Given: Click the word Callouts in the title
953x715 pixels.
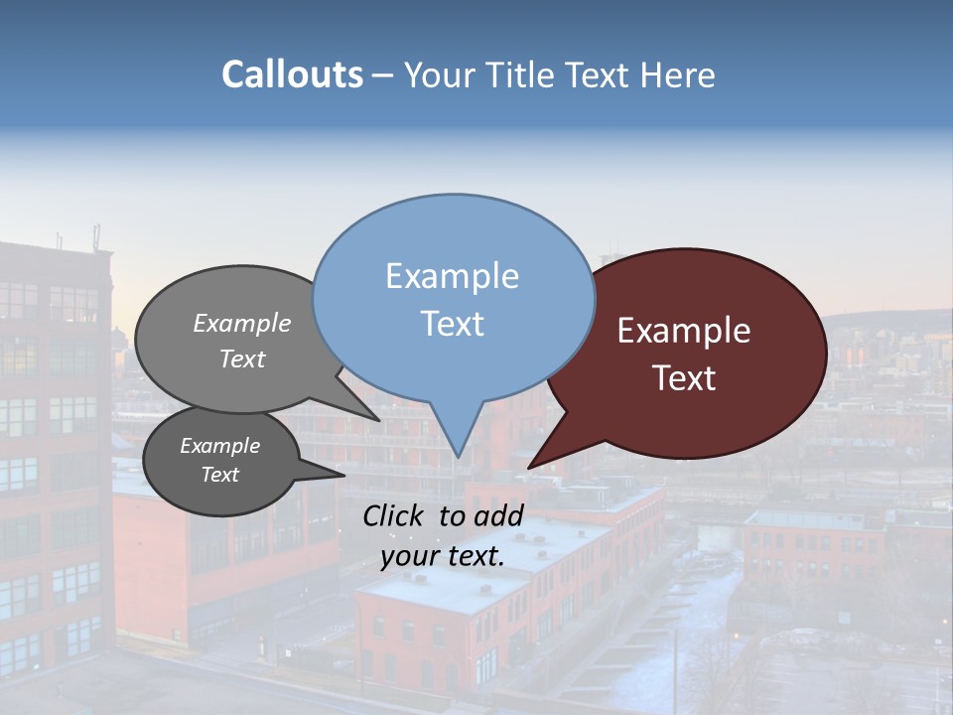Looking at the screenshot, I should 292,74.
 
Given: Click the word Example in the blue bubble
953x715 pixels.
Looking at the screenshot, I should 452,276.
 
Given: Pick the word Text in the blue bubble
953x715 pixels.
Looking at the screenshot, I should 452,323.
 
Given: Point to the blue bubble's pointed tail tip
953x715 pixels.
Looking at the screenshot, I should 458,456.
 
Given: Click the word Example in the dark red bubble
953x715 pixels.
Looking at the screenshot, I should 684,331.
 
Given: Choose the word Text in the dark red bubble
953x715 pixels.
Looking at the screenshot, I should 684,377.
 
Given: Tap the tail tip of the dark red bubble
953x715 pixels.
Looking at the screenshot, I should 529,467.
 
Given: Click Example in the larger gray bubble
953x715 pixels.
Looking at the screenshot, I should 242,323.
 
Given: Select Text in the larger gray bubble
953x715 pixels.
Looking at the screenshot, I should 242,358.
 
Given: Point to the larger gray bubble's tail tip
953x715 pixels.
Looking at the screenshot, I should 378,420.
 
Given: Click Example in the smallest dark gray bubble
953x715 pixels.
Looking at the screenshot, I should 219,446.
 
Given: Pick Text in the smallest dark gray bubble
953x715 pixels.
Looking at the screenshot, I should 219,475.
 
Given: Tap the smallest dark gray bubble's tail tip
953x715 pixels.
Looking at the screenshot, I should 343,475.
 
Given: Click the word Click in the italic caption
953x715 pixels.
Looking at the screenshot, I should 395,515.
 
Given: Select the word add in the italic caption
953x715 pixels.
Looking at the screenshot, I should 498,515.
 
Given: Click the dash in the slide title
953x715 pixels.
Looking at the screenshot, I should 384,75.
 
